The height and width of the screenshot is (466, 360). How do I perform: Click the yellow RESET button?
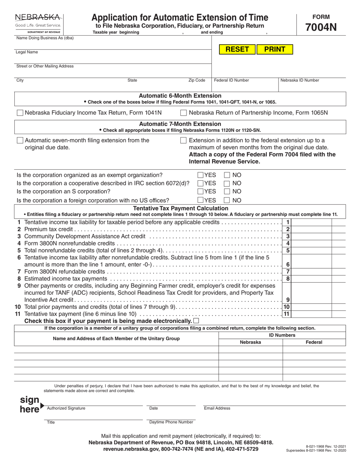(237, 49)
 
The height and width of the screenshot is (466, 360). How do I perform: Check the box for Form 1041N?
(20, 113)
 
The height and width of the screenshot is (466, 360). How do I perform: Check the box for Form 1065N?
(184, 113)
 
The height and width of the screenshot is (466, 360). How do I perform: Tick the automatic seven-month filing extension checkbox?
(20, 141)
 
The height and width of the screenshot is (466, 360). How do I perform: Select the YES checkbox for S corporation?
(200, 192)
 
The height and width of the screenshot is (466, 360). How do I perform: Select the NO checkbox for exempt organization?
(227, 175)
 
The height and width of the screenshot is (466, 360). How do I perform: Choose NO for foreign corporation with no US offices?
(227, 200)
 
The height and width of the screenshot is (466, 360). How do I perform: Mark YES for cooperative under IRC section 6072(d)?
(200, 183)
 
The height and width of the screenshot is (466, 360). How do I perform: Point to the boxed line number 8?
(288, 279)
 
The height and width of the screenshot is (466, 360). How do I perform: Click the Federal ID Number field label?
(232, 80)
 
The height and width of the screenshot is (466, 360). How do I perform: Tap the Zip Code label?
(197, 80)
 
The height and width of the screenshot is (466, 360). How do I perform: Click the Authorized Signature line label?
(66, 408)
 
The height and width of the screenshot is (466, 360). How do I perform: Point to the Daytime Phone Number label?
(171, 422)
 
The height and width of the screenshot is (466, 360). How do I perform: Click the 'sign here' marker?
(30, 405)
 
